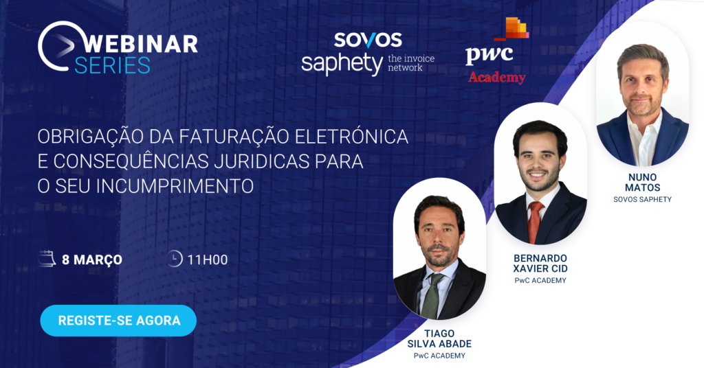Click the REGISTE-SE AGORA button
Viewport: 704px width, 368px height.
[118, 321]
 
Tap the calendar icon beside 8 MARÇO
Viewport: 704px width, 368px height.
[47, 259]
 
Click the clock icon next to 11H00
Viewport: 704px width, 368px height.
[174, 259]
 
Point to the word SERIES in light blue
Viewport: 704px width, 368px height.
[112, 65]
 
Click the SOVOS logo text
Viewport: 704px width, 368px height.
[368, 40]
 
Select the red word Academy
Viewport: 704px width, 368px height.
[496, 77]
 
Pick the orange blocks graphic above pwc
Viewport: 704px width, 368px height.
[512, 29]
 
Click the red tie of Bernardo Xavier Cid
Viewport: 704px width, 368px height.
[535, 222]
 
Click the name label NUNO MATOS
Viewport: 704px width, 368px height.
[643, 182]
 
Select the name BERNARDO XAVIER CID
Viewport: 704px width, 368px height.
[540, 263]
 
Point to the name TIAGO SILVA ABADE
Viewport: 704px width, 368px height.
[439, 338]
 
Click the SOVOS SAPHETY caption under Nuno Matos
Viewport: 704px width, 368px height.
[643, 200]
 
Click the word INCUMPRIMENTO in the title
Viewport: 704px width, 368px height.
[175, 186]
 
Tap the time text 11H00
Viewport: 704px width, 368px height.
[208, 260]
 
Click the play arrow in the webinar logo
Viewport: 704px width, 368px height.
[64, 45]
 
